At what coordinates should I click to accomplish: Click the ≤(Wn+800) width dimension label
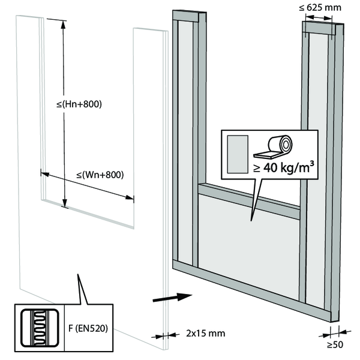[x=100, y=175]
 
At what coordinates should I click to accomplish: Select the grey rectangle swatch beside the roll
[x=237, y=152]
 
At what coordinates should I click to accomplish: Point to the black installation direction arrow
[x=170, y=296]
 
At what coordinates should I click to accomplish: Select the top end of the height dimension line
[x=63, y=20]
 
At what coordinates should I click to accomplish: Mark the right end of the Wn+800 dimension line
[x=133, y=199]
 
